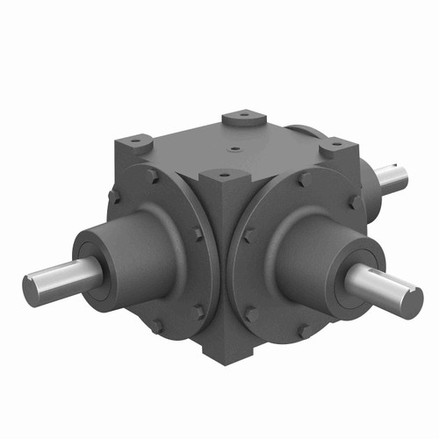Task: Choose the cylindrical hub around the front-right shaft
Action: [x=316, y=255]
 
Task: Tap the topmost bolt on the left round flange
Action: [x=155, y=176]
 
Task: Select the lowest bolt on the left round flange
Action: [x=156, y=326]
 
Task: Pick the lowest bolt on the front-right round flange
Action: [x=302, y=331]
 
